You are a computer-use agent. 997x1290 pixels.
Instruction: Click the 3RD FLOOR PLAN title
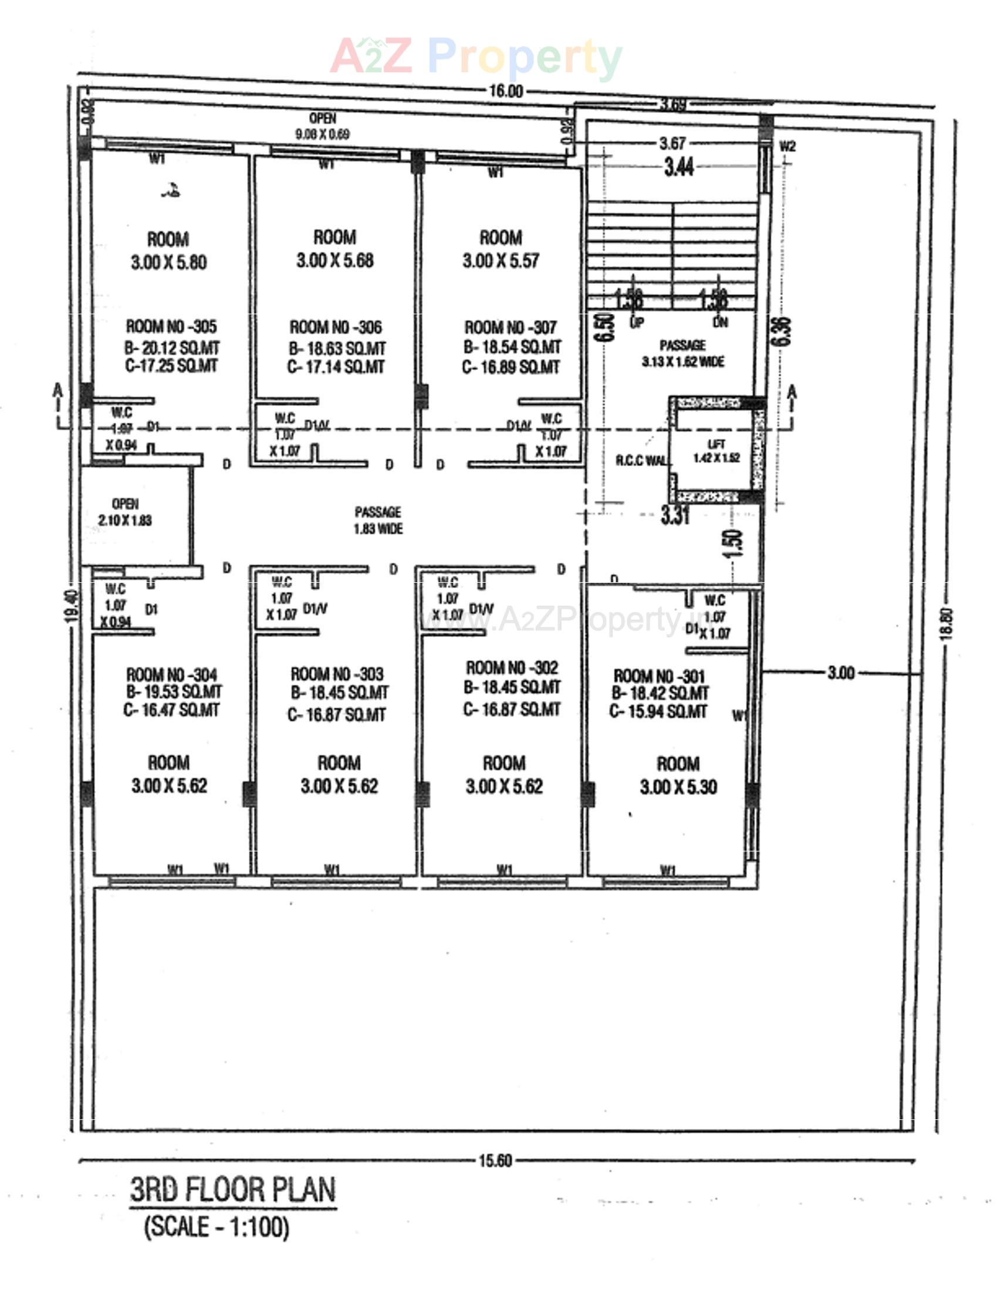232,1190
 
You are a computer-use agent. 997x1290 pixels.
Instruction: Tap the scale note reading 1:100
217,1227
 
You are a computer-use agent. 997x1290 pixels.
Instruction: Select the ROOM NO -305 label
171,326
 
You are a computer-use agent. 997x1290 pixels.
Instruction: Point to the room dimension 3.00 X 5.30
678,787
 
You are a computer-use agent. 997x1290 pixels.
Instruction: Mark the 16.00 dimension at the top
506,91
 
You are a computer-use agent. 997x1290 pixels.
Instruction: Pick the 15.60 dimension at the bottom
495,1160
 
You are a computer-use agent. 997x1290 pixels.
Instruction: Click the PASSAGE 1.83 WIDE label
378,520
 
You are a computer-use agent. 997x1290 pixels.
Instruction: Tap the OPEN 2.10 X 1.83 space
125,512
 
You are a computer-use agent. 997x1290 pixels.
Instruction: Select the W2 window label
787,147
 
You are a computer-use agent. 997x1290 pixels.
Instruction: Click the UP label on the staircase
637,322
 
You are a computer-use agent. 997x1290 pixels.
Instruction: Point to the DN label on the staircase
720,322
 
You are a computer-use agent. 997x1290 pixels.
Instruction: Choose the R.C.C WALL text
641,461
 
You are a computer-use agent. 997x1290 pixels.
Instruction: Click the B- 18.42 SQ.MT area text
660,694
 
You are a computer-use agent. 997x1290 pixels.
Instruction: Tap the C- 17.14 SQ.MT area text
336,368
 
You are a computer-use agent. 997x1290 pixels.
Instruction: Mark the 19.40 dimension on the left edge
72,606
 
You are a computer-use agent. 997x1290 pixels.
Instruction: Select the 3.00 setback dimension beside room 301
840,673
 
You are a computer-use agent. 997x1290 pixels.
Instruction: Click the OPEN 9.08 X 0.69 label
323,127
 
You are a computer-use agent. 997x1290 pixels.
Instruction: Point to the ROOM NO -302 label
511,668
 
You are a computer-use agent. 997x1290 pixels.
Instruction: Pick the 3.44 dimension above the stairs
678,168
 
